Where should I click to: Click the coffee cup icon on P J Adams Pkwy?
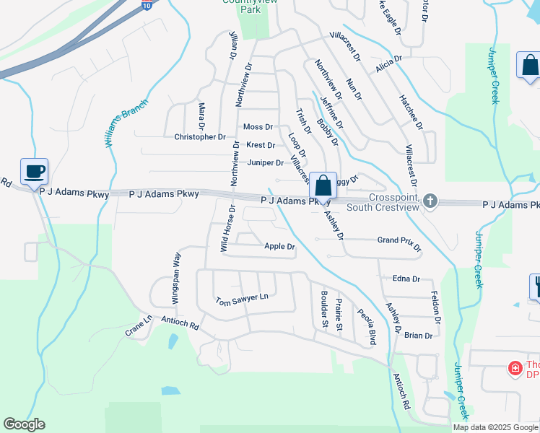coord(34,172)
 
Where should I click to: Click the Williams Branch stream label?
coord(126,123)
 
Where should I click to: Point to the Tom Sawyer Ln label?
coord(241,298)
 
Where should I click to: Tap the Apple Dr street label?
coord(279,247)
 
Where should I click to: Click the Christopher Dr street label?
coord(200,136)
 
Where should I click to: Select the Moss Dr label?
coord(258,127)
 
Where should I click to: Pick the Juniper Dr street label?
coord(265,162)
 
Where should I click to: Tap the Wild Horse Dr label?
coord(227,228)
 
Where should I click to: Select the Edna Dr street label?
coord(406,278)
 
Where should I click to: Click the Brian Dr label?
coord(418,336)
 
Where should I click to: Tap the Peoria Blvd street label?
coord(367,326)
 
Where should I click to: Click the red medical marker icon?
coord(515,369)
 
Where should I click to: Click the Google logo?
coord(24,424)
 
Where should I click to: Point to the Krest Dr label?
coord(260,145)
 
